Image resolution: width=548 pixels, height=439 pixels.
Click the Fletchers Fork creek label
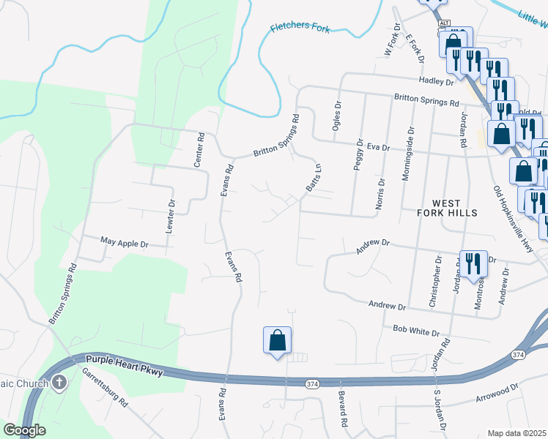pos(300,29)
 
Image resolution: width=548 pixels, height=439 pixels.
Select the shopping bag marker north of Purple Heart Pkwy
pos(277,340)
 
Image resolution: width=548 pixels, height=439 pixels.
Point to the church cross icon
pos(59,383)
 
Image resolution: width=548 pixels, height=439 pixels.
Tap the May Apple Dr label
pos(124,242)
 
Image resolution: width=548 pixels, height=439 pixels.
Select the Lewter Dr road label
pos(171,216)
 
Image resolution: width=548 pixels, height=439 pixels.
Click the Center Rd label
pos(199,150)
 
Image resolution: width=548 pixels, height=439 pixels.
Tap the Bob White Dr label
pos(416,331)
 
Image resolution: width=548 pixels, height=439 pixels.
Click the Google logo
pos(24,430)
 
